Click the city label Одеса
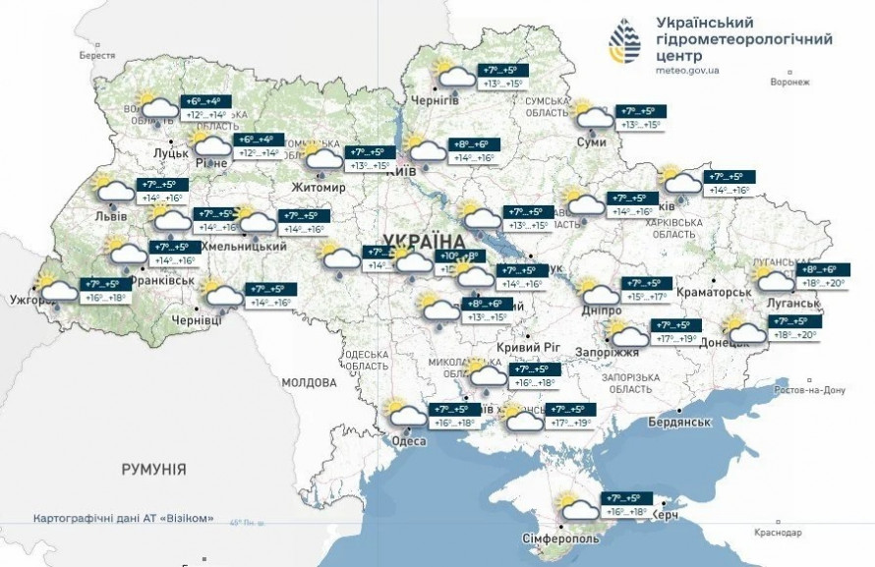click(x=408, y=441)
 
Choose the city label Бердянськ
click(x=678, y=422)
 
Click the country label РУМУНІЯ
click(x=154, y=470)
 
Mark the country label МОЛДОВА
click(x=310, y=382)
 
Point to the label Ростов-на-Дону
click(x=811, y=390)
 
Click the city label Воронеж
click(x=789, y=83)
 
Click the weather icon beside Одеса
click(x=404, y=412)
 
